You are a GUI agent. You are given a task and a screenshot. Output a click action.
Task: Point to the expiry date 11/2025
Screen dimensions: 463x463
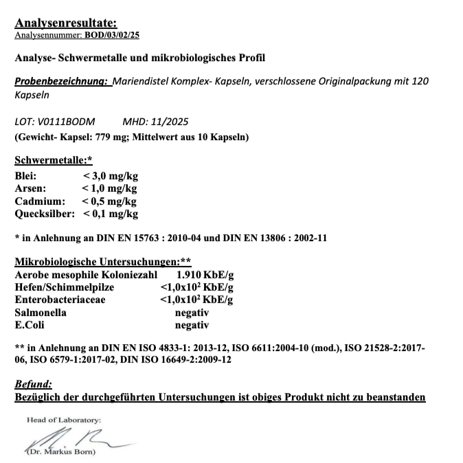[x=157, y=122]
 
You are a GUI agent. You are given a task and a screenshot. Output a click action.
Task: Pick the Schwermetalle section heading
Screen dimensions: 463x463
[x=53, y=161]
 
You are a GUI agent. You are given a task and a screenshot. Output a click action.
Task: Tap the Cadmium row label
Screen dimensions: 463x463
[x=40, y=201]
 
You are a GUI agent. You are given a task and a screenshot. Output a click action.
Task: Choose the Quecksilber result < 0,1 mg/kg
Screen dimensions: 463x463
[x=111, y=214]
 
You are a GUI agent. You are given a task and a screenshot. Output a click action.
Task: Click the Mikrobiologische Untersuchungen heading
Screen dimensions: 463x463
[x=102, y=262]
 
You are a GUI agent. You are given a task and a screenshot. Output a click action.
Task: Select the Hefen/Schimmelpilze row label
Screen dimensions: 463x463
[x=65, y=287]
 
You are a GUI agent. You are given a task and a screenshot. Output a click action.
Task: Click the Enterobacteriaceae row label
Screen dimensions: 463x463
[x=60, y=300]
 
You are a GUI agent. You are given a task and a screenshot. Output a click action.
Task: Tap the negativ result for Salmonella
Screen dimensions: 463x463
[x=192, y=312]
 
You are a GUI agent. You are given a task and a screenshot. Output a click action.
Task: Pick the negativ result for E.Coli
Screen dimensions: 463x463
[x=192, y=324]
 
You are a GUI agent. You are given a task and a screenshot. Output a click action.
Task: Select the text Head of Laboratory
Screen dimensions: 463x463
[x=63, y=420]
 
